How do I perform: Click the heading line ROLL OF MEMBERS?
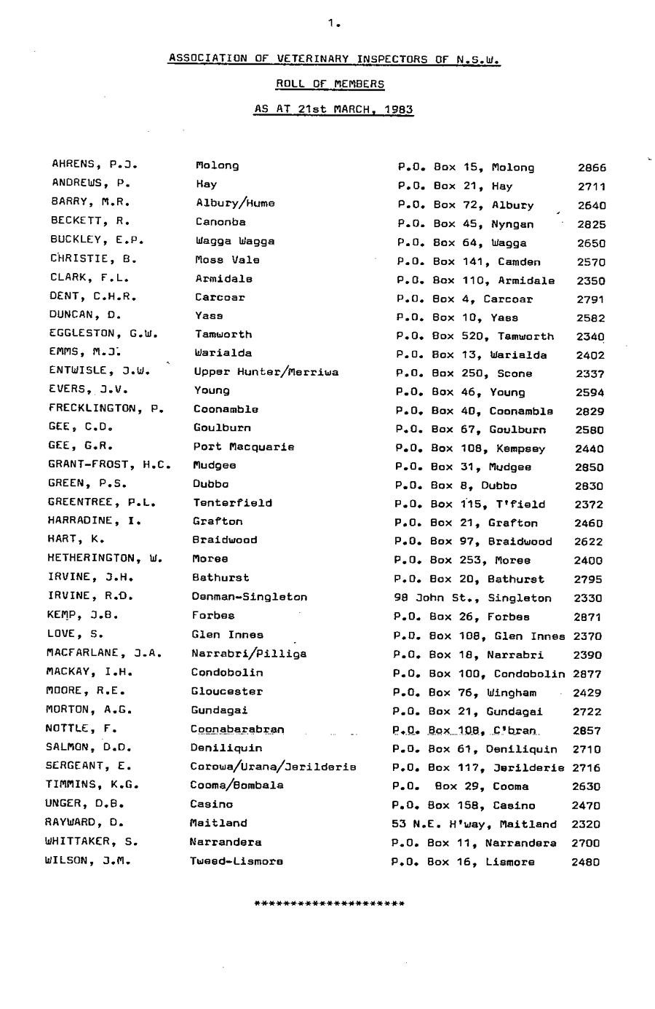tap(330, 84)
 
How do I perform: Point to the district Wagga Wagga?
tap(234, 241)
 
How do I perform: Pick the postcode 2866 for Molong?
tap(592, 167)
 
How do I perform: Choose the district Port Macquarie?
tap(243, 447)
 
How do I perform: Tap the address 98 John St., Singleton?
tap(472, 598)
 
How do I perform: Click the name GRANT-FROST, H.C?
tap(109, 464)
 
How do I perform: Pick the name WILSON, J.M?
tap(89, 860)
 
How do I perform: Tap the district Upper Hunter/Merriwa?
tap(266, 372)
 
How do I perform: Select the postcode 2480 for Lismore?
tap(586, 862)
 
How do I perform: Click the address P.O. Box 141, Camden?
tap(468, 262)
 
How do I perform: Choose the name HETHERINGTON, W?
tap(105, 558)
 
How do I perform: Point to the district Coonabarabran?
tap(237, 729)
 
